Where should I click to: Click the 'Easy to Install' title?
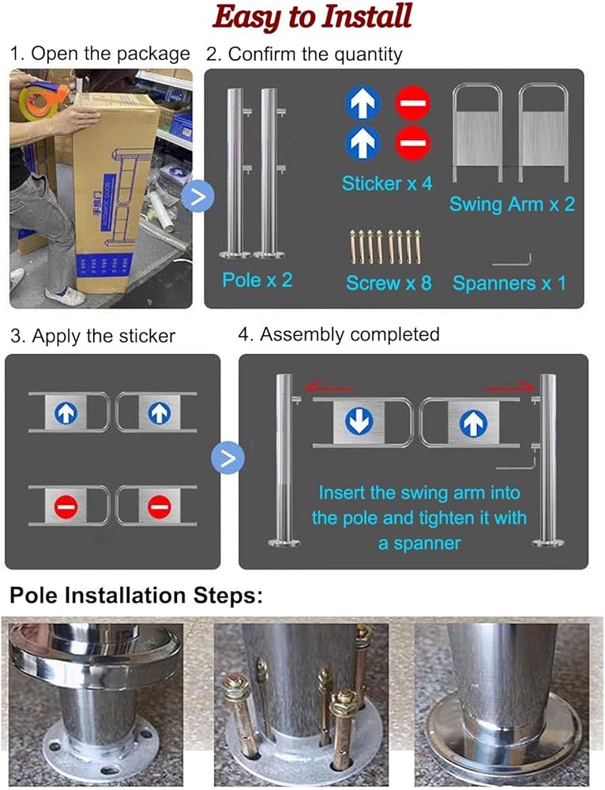pos(312,17)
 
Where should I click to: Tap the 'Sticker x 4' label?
pos(387,183)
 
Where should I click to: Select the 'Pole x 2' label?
pos(257,280)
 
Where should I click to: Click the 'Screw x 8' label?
pos(389,283)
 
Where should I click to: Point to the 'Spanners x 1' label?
pos(509,283)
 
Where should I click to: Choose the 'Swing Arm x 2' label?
pos(512,204)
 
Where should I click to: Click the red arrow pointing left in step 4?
pos(329,387)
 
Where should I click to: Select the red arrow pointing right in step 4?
pos(509,387)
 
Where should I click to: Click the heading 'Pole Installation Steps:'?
pos(137,595)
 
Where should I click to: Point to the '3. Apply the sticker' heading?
pos(92,336)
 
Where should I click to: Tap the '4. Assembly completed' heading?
pos(339,334)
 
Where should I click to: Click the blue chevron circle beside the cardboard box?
pos(198,196)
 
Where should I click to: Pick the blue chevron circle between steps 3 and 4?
pos(227,457)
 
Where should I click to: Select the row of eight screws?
pos(385,246)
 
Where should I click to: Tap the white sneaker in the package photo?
pos(65,297)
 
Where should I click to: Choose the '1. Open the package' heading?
pos(100,54)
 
